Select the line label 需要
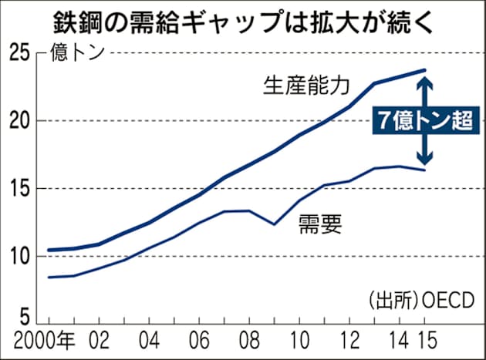pos(319,224)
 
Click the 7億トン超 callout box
pos(424,121)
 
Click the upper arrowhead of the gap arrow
pos(424,77)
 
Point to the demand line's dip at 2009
pos(274,224)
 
